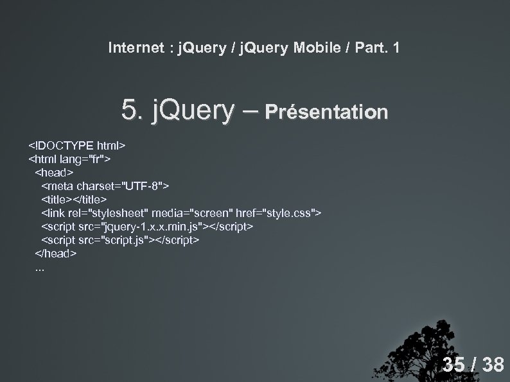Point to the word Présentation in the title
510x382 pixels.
[x=326, y=112]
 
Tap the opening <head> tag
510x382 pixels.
[x=55, y=172]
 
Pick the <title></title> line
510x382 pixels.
[x=74, y=199]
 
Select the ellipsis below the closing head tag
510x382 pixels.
[x=40, y=268]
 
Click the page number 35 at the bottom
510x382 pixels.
[x=453, y=365]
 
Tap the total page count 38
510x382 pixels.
[x=493, y=365]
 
